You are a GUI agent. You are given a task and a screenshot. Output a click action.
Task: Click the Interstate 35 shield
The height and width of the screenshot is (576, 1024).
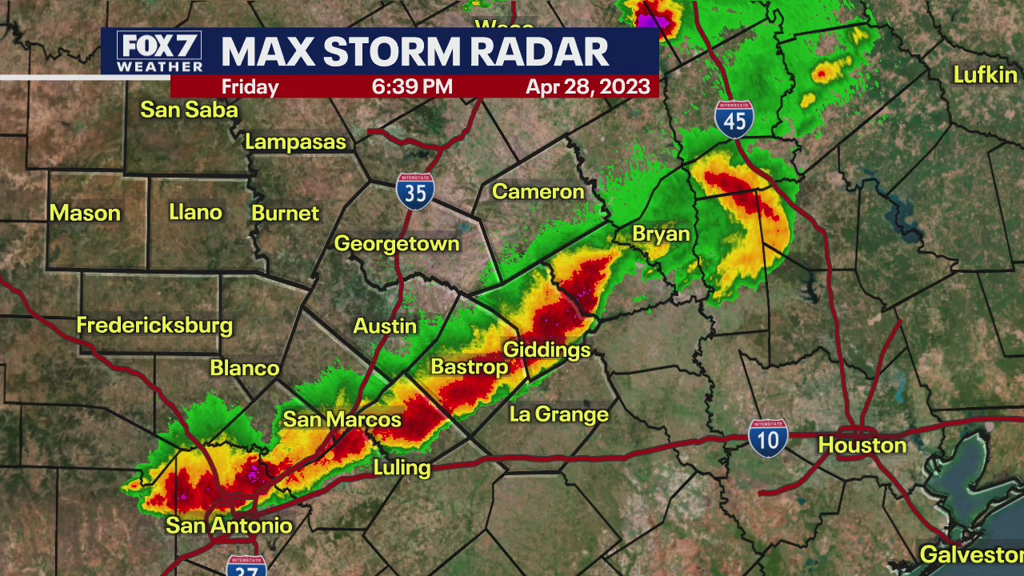[415, 191]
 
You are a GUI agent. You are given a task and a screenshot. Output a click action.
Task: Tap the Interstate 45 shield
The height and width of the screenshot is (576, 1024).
[734, 117]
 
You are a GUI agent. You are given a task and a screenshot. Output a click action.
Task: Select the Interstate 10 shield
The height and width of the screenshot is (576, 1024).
[768, 438]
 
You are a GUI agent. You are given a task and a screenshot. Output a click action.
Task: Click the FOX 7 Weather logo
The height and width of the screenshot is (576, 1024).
[159, 52]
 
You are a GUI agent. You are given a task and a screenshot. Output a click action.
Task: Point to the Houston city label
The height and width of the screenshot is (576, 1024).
[862, 446]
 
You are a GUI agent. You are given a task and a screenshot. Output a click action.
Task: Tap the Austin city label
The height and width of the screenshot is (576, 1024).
[386, 326]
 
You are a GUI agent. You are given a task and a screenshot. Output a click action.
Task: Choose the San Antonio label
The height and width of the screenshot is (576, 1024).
[229, 526]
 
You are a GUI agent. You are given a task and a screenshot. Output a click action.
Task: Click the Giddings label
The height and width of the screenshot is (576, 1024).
[546, 350]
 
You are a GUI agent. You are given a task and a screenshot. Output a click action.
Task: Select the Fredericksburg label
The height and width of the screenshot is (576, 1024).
[154, 326]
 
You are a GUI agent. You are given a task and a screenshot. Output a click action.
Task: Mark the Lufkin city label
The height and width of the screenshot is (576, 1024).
[985, 75]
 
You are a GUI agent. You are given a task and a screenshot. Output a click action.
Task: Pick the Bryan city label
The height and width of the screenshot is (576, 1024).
[661, 234]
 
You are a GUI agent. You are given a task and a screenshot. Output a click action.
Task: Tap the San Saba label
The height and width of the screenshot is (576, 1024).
[190, 110]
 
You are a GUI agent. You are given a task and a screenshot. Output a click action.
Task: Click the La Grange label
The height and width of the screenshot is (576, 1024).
[559, 414]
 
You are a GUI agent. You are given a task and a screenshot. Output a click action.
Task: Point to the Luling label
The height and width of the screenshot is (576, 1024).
[402, 467]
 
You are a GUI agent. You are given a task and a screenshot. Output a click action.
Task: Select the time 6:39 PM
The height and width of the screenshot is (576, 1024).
[412, 86]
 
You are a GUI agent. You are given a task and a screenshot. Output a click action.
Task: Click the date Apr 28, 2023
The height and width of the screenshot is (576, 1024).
[588, 86]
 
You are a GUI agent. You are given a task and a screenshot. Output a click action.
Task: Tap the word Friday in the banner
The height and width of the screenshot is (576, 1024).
[250, 86]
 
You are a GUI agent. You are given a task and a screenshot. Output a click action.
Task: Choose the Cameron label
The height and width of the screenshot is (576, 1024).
[538, 191]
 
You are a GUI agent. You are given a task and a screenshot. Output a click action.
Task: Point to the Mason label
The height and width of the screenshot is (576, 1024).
[85, 213]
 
